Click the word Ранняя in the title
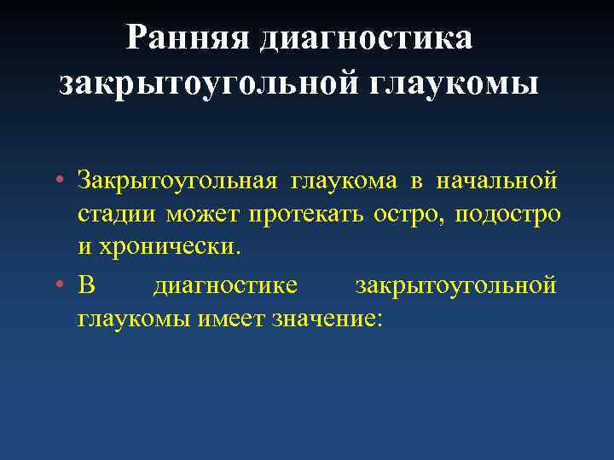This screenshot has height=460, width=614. click(x=188, y=38)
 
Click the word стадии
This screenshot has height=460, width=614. click(x=117, y=215)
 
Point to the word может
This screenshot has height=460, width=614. click(x=203, y=215)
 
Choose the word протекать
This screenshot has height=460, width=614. click(x=307, y=215)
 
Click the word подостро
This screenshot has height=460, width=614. click(x=508, y=215)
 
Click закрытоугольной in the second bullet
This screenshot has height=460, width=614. click(x=455, y=285)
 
